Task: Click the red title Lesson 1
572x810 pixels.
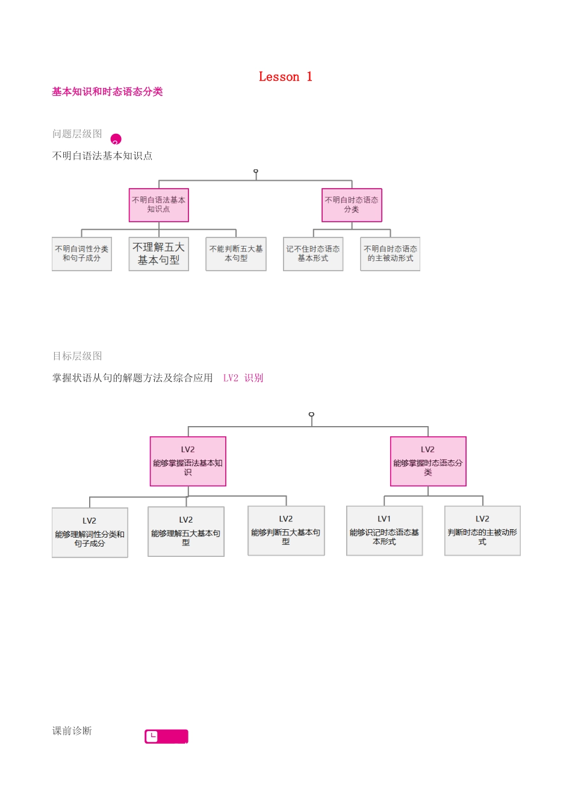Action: pos(285,77)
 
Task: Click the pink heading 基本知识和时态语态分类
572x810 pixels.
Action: pos(107,92)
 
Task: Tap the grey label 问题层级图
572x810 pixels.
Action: pos(77,134)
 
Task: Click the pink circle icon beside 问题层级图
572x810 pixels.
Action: pos(116,139)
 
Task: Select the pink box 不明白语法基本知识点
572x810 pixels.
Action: pos(159,205)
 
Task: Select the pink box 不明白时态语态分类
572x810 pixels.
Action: pos(352,205)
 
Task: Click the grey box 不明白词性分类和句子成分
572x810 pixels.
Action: pos(82,254)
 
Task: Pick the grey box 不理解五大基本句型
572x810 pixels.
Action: pos(159,254)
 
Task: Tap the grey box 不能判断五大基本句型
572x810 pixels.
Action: pos(236,254)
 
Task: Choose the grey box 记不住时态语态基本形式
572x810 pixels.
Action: pos(313,254)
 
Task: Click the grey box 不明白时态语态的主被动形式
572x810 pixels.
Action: pos(390,254)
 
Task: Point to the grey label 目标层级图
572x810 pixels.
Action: pos(77,356)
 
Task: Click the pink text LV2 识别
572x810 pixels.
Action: pos(243,378)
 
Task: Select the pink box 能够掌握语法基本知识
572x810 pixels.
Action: pos(188,462)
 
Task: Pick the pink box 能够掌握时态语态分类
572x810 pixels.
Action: pos(428,462)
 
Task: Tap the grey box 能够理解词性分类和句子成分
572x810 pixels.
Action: pos(90,533)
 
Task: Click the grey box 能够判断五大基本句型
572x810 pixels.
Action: pos(286,531)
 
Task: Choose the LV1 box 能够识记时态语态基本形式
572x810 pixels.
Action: pos(384,531)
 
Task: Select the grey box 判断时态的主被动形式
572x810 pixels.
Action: pos(482,531)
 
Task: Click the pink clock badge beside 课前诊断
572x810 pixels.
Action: pos(166,736)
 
